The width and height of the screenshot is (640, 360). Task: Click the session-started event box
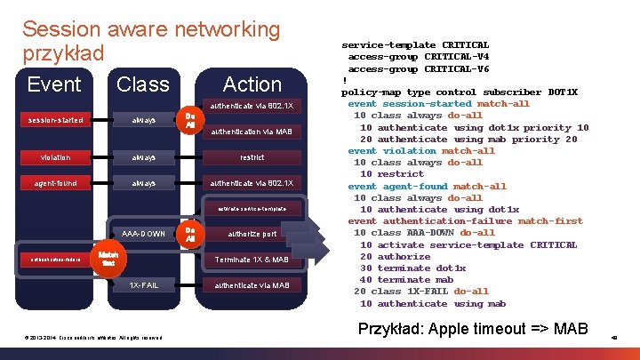pos(54,120)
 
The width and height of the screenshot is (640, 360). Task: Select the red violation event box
pos(54,157)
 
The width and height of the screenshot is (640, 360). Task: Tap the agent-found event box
pos(54,183)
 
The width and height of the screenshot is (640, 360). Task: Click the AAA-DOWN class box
pos(143,235)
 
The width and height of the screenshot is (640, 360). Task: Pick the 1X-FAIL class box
pos(143,285)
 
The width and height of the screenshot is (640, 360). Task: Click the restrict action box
pos(252,157)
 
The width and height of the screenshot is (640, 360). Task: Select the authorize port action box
pos(252,235)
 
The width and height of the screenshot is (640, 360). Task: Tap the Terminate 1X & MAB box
pos(252,260)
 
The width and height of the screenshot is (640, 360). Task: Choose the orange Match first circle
pos(108,260)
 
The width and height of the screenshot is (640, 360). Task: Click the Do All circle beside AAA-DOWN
pos(189,235)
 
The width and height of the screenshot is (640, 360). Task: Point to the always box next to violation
pos(143,157)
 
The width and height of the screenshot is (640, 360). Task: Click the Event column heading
pos(54,84)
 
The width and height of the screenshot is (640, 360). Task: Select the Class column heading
pos(142,84)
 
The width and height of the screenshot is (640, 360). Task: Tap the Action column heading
pos(252,84)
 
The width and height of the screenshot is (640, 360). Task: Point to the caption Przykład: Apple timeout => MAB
pos(472,329)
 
